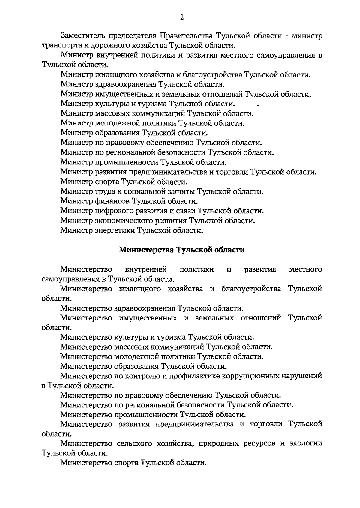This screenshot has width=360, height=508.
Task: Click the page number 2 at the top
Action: point(182,17)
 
